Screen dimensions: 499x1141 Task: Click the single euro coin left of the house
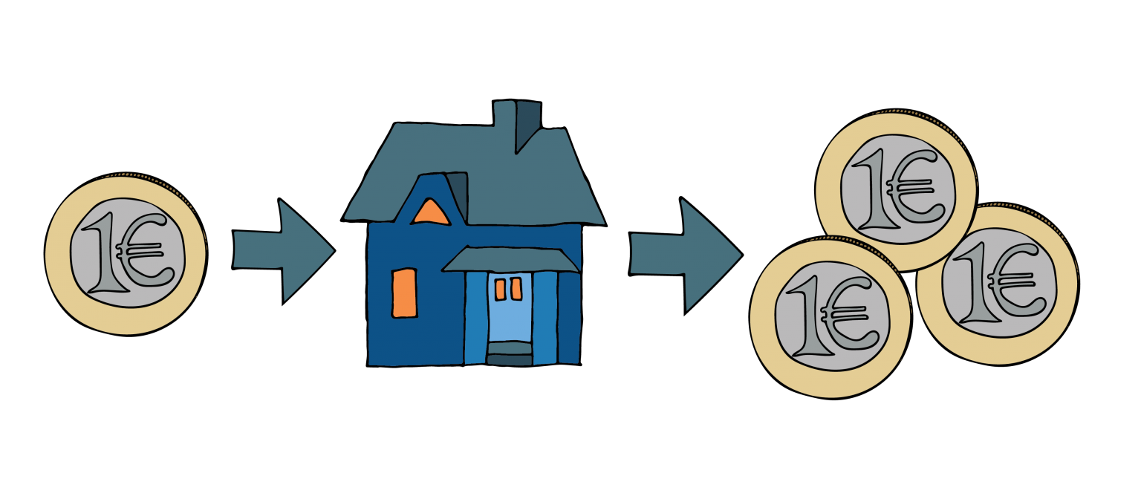[125, 255]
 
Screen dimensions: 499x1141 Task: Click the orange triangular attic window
[430, 214]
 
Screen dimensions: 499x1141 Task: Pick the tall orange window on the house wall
[404, 293]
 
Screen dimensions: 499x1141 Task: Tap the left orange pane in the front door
[500, 289]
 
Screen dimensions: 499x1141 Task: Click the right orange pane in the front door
[516, 289]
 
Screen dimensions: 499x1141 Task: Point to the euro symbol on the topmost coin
[914, 186]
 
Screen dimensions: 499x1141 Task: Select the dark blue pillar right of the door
[568, 318]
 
